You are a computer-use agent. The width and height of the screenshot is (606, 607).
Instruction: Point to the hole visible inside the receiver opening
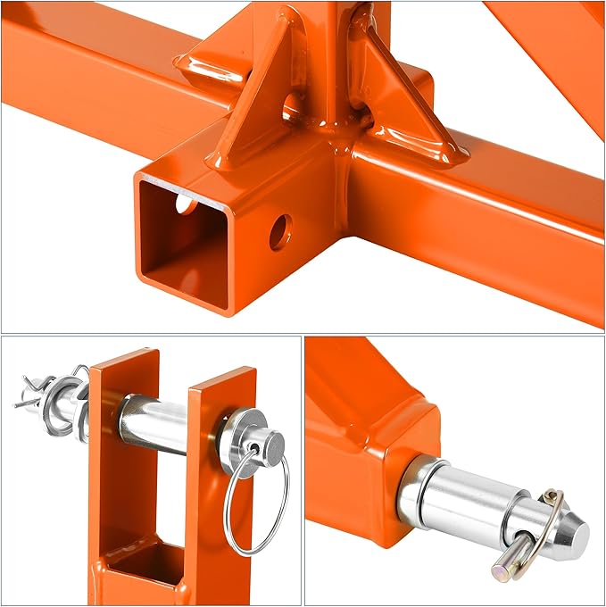click(x=185, y=204)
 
